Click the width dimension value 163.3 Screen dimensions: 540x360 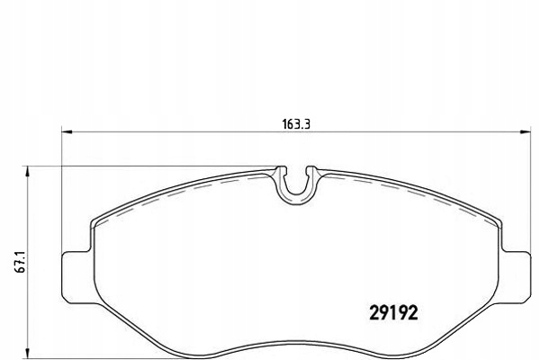tap(296, 124)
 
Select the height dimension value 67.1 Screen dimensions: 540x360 tap(21, 263)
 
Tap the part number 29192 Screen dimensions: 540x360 tap(393, 313)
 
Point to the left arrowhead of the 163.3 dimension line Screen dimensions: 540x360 tap(67, 131)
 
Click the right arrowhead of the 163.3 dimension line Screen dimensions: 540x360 tap(526, 131)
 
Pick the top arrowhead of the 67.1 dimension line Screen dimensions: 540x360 tap(27, 171)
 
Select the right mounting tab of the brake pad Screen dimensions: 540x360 tap(515, 277)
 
